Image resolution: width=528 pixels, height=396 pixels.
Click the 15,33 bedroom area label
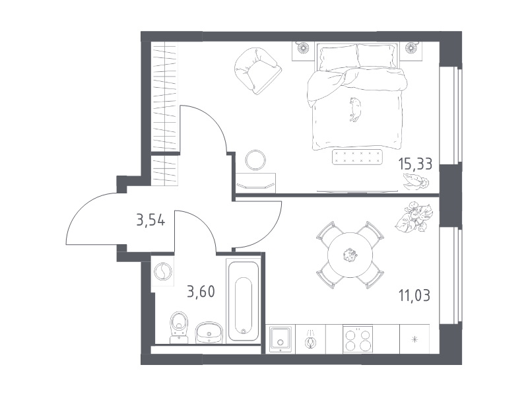pyautogui.click(x=415, y=164)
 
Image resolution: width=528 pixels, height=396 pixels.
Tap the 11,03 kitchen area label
pyautogui.click(x=414, y=295)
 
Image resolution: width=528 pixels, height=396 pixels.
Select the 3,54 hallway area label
pyautogui.click(x=150, y=220)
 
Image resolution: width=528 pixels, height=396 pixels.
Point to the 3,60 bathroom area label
pyautogui.click(x=201, y=291)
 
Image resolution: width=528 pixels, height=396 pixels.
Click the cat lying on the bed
pyautogui.click(x=354, y=109)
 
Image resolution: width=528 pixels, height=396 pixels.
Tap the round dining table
pyautogui.click(x=350, y=255)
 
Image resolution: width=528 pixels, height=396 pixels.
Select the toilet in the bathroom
pyautogui.click(x=179, y=327)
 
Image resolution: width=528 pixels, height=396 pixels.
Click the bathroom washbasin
pyautogui.click(x=209, y=333)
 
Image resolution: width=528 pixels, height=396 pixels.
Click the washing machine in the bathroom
pyautogui.click(x=162, y=271)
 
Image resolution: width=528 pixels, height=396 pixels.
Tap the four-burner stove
pyautogui.click(x=358, y=339)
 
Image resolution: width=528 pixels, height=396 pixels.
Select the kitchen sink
pyautogui.click(x=280, y=339)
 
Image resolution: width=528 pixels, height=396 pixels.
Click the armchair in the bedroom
pyautogui.click(x=257, y=71)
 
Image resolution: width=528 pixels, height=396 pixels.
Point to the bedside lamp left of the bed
pyautogui.click(x=303, y=48)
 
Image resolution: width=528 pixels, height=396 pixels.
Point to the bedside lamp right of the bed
pyautogui.click(x=411, y=48)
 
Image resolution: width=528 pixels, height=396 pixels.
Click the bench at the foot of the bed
pyautogui.click(x=357, y=157)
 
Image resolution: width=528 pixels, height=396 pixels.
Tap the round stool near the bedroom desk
pyautogui.click(x=255, y=160)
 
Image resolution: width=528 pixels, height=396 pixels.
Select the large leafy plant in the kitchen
pyautogui.click(x=414, y=217)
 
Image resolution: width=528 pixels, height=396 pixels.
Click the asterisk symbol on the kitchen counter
pyautogui.click(x=414, y=339)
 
